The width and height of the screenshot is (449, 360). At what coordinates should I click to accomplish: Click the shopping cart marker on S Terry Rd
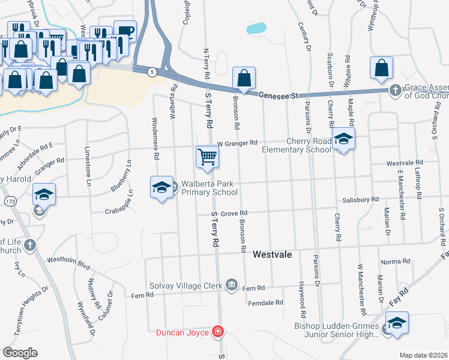tap(207, 157)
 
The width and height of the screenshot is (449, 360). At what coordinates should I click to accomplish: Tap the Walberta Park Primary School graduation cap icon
tap(160, 188)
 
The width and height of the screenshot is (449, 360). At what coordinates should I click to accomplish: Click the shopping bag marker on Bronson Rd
tap(244, 78)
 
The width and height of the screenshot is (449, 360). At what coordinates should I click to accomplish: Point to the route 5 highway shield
tap(153, 72)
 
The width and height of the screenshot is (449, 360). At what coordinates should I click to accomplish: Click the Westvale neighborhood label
tap(272, 254)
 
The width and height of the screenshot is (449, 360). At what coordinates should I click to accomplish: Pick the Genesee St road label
tap(279, 95)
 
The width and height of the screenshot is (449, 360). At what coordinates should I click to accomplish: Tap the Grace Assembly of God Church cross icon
tap(395, 90)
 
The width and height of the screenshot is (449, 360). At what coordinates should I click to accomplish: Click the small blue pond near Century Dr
tap(256, 28)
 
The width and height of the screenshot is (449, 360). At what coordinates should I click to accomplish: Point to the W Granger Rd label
tap(237, 143)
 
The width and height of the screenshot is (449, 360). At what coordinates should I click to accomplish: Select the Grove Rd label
tap(234, 213)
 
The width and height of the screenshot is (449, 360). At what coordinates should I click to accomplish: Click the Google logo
tap(20, 352)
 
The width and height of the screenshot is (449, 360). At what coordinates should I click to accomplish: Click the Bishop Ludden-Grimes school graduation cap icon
tap(397, 323)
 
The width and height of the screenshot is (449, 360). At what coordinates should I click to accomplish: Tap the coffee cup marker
tap(125, 32)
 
